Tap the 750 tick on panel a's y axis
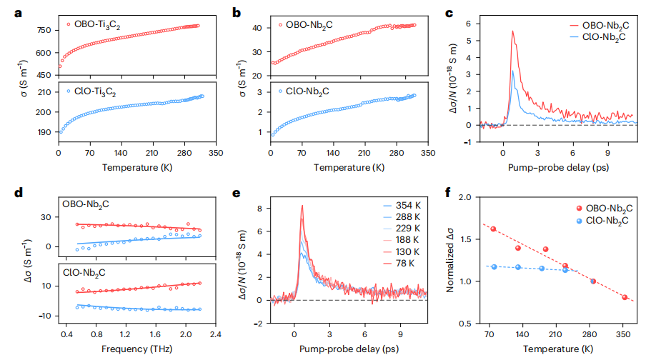44,30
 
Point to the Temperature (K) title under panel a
136,168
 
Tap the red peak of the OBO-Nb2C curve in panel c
512,31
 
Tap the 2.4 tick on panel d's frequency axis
216,334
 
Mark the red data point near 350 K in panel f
624,297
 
